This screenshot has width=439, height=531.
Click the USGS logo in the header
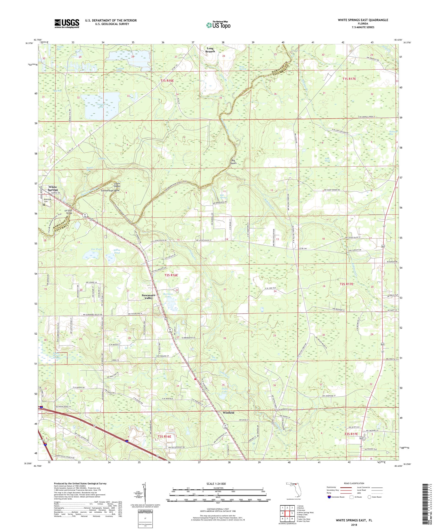(67, 24)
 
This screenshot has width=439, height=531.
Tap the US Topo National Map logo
(219, 24)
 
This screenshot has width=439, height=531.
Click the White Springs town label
(53, 188)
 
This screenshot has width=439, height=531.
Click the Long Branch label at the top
(210, 50)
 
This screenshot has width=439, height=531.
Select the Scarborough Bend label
(110, 190)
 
